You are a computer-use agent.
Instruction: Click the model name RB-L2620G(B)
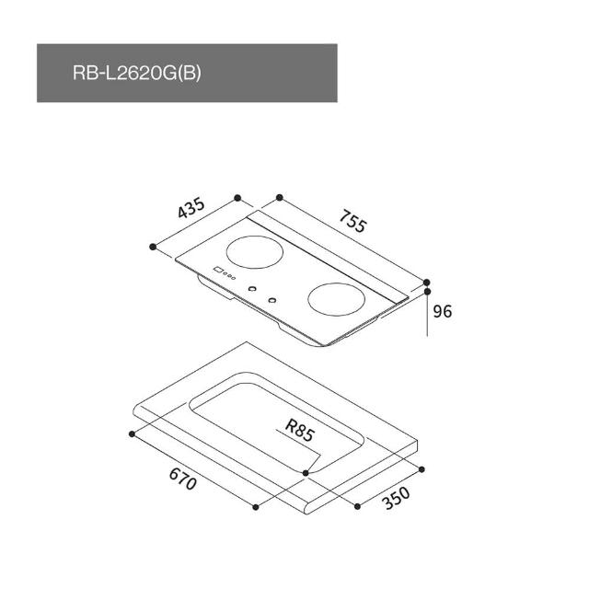tap(137, 73)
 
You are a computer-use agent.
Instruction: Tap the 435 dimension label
tap(191, 207)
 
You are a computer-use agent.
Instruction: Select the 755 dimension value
tap(352, 221)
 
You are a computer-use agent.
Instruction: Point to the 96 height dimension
tap(442, 311)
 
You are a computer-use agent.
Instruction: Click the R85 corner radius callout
tap(299, 431)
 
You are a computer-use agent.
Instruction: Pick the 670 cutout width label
tap(183, 479)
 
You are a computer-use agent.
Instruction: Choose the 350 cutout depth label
tap(396, 498)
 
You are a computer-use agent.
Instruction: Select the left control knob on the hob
tap(253, 288)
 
